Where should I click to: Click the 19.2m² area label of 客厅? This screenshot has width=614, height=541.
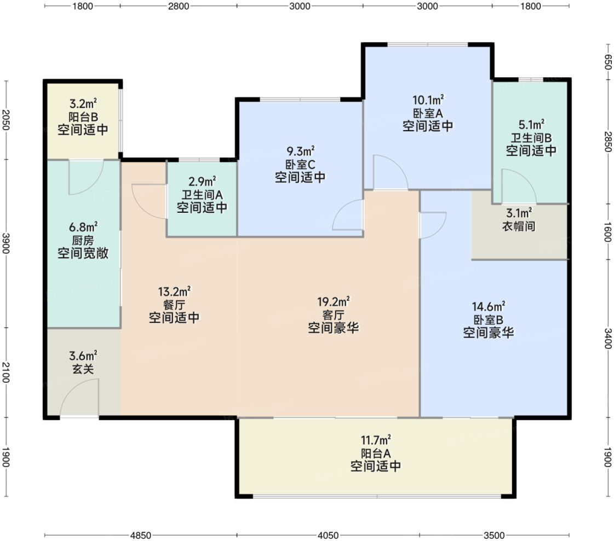pos(333,301)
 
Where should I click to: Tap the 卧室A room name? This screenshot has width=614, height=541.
pos(428,113)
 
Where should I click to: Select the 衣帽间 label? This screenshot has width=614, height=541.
pos(519,226)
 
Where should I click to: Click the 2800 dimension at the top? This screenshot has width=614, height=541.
pos(178,6)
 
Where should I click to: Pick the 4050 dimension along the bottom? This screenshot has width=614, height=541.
pos(328,535)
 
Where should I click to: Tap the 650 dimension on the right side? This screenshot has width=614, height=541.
pos(607,62)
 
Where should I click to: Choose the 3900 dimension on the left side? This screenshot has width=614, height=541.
pos(6,243)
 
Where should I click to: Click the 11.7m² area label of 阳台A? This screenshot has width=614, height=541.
pos(376,440)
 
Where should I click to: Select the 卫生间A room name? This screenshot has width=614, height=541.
pos(202,194)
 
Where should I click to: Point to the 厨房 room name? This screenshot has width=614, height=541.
pos(83,240)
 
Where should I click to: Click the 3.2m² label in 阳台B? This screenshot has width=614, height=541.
pos(83,104)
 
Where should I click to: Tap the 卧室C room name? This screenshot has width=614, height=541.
pos(300,164)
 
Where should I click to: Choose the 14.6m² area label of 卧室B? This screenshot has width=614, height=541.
pos(489,307)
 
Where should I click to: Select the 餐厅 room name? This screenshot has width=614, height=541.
pos(174,304)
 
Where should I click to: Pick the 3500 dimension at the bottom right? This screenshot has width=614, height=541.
pos(494,535)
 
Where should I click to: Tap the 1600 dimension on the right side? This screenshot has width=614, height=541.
pos(607,231)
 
